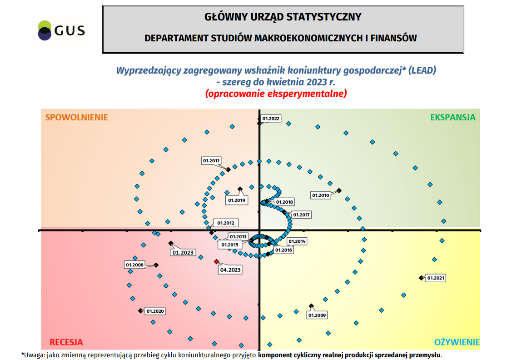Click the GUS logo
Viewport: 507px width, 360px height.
click(x=61, y=30)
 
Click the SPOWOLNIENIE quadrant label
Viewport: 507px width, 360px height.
click(x=77, y=117)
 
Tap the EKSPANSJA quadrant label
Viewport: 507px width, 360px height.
click(x=452, y=117)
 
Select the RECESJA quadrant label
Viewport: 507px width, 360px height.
click(x=66, y=342)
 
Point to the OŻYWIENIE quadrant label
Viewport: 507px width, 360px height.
click(x=457, y=342)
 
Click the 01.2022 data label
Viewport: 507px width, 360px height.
click(x=271, y=119)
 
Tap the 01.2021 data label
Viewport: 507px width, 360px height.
click(x=436, y=278)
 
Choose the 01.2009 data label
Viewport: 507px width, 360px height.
click(x=317, y=315)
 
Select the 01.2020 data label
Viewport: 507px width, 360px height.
click(x=155, y=311)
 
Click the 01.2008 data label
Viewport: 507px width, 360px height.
click(x=134, y=265)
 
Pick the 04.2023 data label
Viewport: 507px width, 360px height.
click(x=230, y=270)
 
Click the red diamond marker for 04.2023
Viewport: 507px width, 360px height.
click(x=217, y=261)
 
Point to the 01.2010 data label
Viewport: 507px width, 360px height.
click(x=320, y=195)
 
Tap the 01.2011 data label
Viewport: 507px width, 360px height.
click(x=211, y=160)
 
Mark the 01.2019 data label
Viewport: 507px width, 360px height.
click(x=236, y=200)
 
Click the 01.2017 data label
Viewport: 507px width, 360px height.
click(x=301, y=215)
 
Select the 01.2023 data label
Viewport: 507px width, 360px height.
click(x=183, y=253)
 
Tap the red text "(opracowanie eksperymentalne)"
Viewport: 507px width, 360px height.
click(x=276, y=94)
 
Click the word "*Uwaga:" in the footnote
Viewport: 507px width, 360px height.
click(x=33, y=355)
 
